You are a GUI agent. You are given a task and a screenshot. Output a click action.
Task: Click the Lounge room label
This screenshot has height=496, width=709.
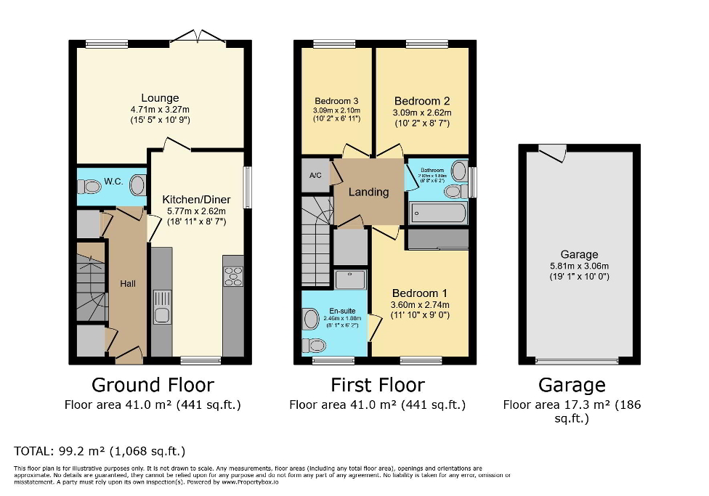(x=160, y=98)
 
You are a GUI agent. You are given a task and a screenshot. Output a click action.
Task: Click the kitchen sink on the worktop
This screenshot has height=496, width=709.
(x=162, y=306)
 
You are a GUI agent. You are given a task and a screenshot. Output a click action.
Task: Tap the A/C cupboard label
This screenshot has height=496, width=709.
(x=315, y=175)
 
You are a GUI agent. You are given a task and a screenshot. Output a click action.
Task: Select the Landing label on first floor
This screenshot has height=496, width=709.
(x=368, y=192)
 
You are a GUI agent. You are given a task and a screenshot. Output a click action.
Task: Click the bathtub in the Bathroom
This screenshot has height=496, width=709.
(x=438, y=213)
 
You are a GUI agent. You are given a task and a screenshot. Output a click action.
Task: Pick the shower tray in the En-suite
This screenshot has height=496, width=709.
(x=351, y=278)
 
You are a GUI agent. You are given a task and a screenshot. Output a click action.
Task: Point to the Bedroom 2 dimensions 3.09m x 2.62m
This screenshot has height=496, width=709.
(x=422, y=113)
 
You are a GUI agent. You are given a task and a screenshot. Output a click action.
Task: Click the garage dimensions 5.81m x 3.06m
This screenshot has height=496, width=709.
(x=579, y=266)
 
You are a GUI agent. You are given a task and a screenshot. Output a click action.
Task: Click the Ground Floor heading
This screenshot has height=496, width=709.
(x=153, y=384)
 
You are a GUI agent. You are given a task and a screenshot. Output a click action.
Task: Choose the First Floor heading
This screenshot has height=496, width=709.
(x=377, y=384)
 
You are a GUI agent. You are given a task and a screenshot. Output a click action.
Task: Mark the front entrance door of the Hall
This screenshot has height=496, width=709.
(x=129, y=355)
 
